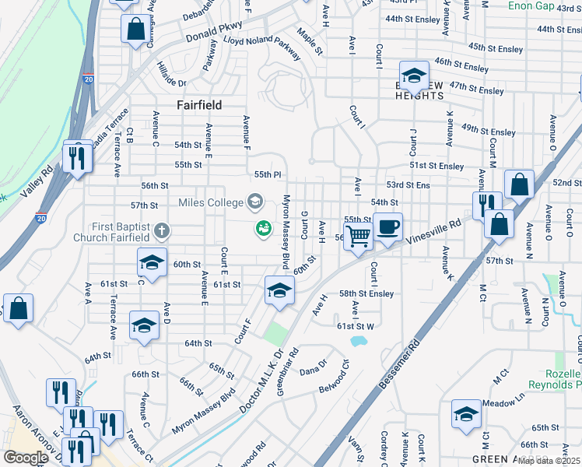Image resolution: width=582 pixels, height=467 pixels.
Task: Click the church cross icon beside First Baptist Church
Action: point(162,230)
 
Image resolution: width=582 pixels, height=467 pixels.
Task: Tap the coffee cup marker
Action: point(387,227)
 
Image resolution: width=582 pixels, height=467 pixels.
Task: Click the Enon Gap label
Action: point(531,5)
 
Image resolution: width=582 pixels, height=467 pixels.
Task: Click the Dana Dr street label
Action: point(314,367)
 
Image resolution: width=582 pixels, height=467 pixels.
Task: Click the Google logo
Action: point(26,458)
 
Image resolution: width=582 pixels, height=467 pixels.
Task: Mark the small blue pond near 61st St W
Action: point(358,340)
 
